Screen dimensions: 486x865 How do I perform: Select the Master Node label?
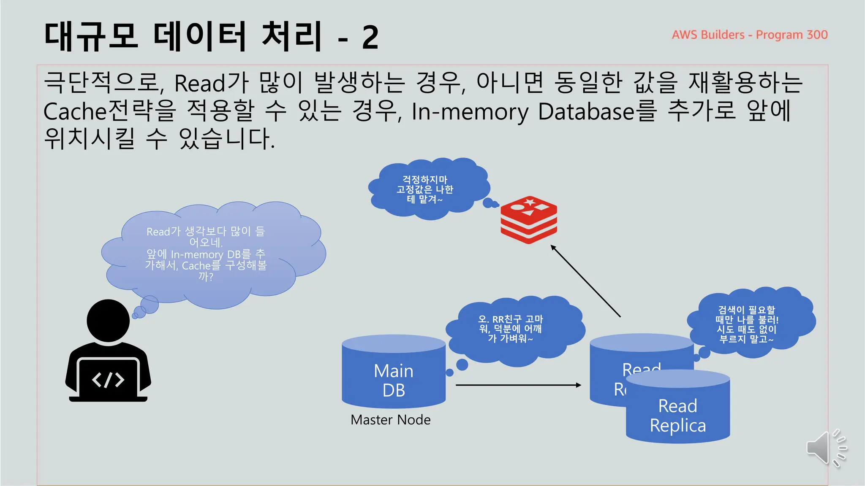390,420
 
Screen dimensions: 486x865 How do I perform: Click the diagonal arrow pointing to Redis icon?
586,281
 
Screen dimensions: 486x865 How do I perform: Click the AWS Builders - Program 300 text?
749,35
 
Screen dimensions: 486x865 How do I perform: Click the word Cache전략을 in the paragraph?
109,111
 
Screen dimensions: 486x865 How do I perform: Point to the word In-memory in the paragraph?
470,111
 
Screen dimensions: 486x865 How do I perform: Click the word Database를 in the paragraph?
597,111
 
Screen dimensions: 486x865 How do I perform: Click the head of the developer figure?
108,321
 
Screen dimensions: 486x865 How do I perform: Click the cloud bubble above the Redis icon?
427,189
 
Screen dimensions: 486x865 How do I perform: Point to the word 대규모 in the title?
91,37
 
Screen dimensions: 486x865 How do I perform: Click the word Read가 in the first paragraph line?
211,83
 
